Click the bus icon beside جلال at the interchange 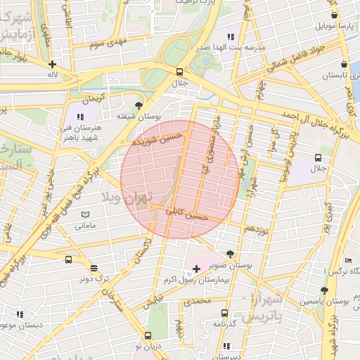[x=179, y=72]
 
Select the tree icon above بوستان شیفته [x=138, y=105]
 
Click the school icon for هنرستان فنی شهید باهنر [x=80, y=117]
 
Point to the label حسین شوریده [x=158, y=137]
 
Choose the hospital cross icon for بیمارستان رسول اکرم [x=196, y=269]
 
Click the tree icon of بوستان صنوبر [x=231, y=253]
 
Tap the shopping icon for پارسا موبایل [x=334, y=15]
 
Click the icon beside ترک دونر [x=94, y=267]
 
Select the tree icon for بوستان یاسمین [x=323, y=290]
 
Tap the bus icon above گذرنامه [x=224, y=313]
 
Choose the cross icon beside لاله [x=52, y=64]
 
